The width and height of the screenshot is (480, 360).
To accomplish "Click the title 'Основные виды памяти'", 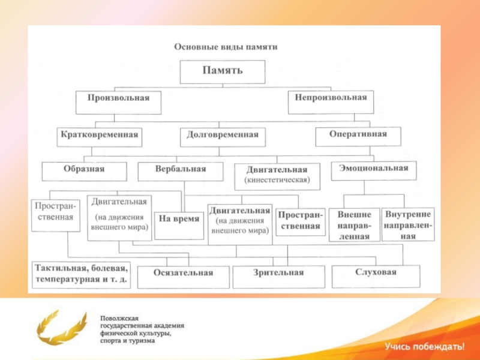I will click(226, 46).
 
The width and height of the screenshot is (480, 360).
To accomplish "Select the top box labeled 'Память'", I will click(223, 71).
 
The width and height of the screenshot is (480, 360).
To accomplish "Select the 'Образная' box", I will click(84, 170).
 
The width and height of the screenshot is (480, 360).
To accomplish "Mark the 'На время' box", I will click(178, 219).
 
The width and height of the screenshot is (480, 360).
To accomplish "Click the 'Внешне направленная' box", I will click(354, 224).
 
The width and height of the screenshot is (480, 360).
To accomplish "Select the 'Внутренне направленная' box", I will click(408, 224).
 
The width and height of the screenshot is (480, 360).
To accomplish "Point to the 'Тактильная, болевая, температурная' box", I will click(81, 274).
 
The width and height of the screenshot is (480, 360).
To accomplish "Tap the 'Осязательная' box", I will click(184, 275).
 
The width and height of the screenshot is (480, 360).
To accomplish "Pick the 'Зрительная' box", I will click(277, 274).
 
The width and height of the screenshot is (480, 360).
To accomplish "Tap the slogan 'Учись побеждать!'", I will click(424, 346).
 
